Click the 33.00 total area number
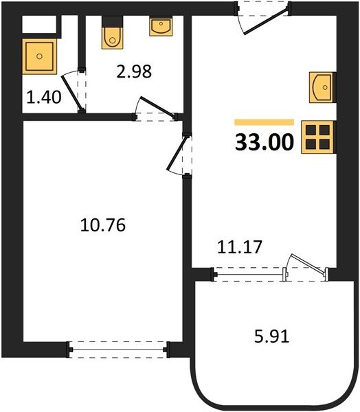[x=265, y=142]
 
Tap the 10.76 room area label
[x=103, y=225]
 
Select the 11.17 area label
[x=240, y=247]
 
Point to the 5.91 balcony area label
[x=271, y=336]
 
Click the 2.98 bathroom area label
[x=134, y=71]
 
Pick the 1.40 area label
[x=44, y=97]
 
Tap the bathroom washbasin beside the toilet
[x=161, y=26]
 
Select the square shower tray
[x=39, y=56]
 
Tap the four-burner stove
[x=319, y=137]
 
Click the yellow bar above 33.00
[x=265, y=122]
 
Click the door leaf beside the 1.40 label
[x=71, y=93]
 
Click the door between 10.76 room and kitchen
[x=177, y=153]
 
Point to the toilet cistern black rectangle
[x=112, y=21]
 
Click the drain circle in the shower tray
[x=39, y=56]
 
